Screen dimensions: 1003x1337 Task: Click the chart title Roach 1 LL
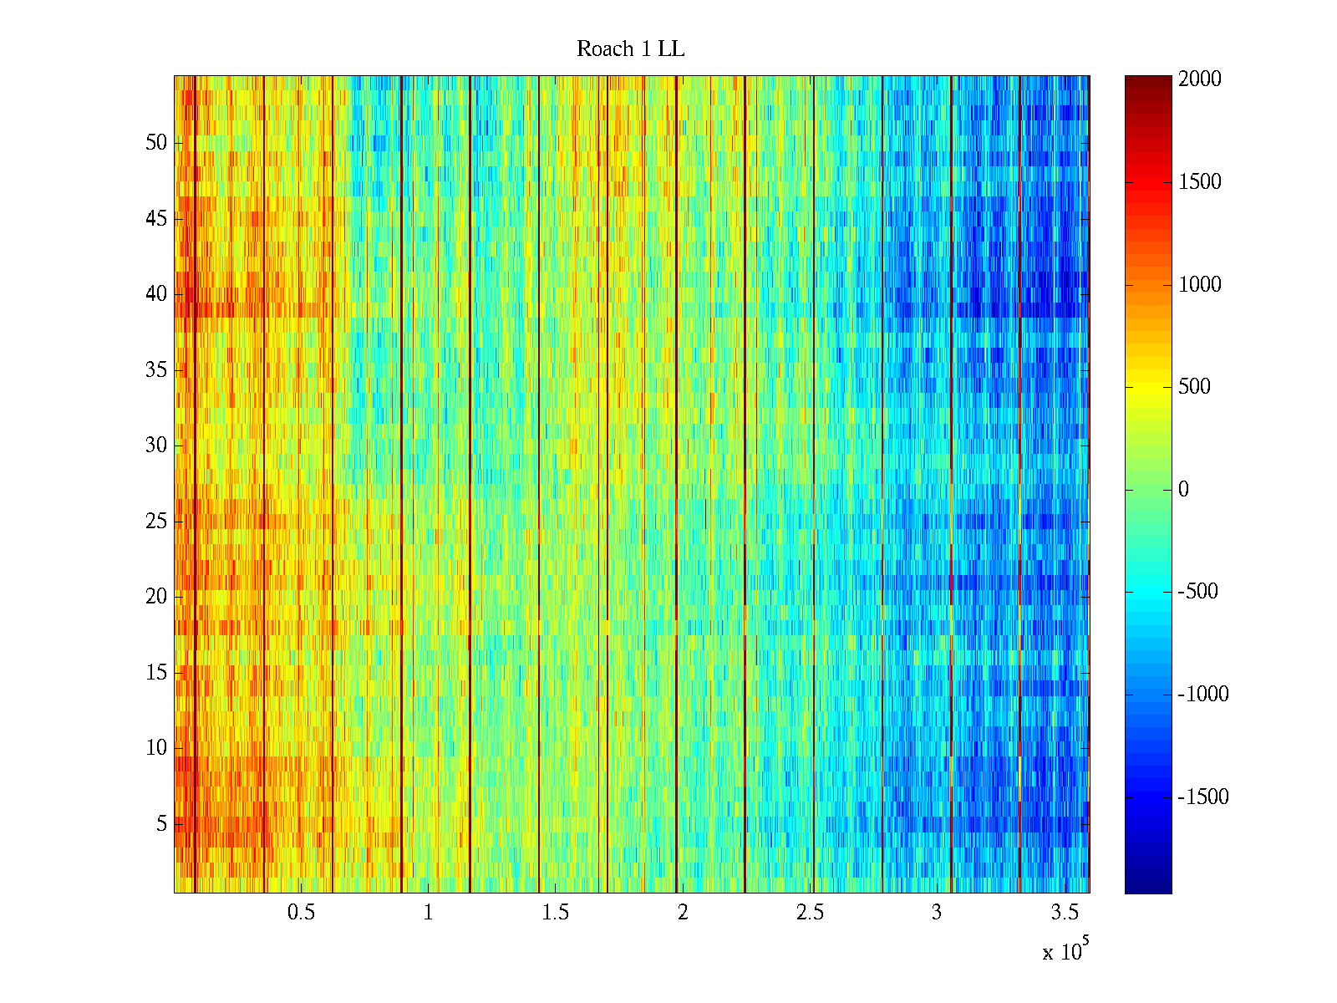[630, 49]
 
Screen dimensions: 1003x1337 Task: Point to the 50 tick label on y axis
[156, 143]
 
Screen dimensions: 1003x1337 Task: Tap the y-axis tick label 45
[156, 219]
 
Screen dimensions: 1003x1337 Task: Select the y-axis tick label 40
[156, 294]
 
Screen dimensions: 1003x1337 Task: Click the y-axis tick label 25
[156, 522]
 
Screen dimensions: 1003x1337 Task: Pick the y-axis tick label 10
[156, 748]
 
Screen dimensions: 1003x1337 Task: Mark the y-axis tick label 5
[161, 824]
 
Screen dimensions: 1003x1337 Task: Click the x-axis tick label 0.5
[301, 913]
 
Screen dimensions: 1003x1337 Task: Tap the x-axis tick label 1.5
[556, 913]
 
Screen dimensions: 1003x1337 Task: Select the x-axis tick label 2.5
[810, 913]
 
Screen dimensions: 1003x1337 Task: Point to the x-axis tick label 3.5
[1065, 913]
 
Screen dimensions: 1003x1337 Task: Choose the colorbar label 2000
[1200, 79]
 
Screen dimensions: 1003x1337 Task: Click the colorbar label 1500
[1200, 182]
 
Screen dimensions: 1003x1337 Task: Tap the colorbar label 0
[1183, 490]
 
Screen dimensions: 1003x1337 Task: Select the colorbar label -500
[1197, 592]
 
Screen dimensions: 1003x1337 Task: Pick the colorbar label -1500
[1203, 797]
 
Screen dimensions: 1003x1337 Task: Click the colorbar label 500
[1194, 387]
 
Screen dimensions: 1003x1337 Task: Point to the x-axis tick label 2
[683, 913]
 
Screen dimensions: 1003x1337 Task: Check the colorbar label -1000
[1203, 695]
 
